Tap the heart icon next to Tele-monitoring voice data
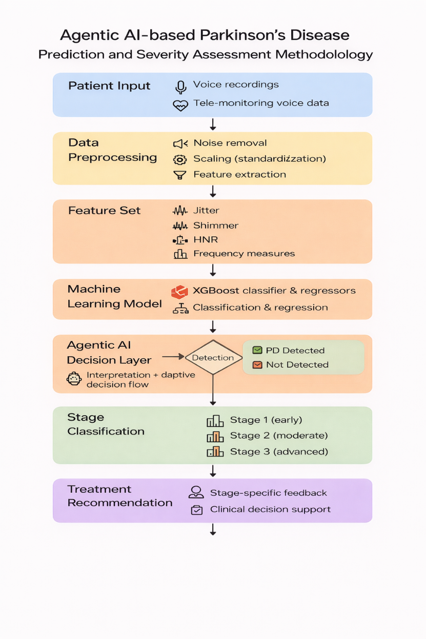point(180,105)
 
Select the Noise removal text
point(230,143)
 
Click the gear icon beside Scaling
point(180,159)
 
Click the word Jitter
point(206,211)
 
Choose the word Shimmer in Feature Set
point(215,225)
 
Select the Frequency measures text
point(244,254)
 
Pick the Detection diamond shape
point(213,358)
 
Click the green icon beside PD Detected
point(257,351)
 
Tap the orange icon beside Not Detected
point(257,365)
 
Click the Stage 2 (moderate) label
point(279,436)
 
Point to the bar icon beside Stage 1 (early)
point(215,421)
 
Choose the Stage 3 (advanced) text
point(279,452)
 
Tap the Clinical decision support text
point(270,510)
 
